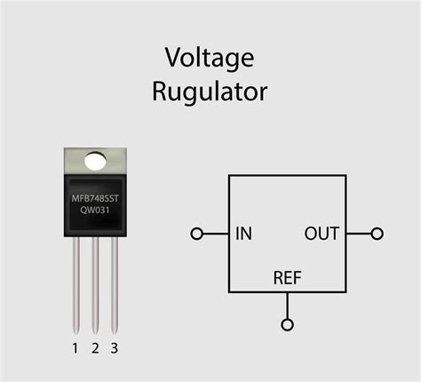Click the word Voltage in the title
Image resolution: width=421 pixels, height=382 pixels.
coord(209,59)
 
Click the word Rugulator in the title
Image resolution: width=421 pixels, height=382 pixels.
coord(209,91)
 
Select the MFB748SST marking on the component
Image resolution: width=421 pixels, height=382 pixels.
coord(95,196)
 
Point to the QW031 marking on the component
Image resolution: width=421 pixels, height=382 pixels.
coord(95,211)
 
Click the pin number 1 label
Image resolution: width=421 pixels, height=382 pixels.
coord(75,347)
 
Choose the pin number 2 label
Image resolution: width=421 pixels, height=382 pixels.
coord(95,347)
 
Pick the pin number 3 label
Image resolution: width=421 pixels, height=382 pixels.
coord(114,347)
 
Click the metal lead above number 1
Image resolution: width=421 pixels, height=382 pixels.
coord(76,284)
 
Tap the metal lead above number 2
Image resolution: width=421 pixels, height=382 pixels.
coord(95,284)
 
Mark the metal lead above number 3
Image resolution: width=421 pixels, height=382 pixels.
coord(114,284)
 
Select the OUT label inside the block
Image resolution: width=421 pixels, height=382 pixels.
coord(322,235)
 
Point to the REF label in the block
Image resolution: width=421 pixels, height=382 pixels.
coord(287,279)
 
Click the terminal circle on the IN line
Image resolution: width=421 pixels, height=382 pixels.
coord(196,235)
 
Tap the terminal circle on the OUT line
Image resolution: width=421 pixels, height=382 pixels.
coord(377,234)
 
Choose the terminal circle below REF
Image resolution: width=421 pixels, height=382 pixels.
coord(287,323)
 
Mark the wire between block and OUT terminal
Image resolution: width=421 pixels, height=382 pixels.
coord(358,234)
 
